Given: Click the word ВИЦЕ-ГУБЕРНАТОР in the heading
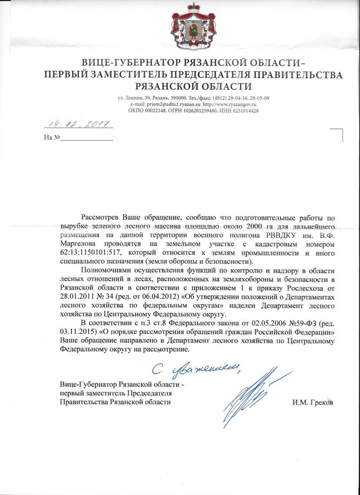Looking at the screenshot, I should coord(122,63).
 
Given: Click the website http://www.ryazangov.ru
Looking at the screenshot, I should coord(229,104).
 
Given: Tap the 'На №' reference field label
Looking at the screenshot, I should coord(52,137).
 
